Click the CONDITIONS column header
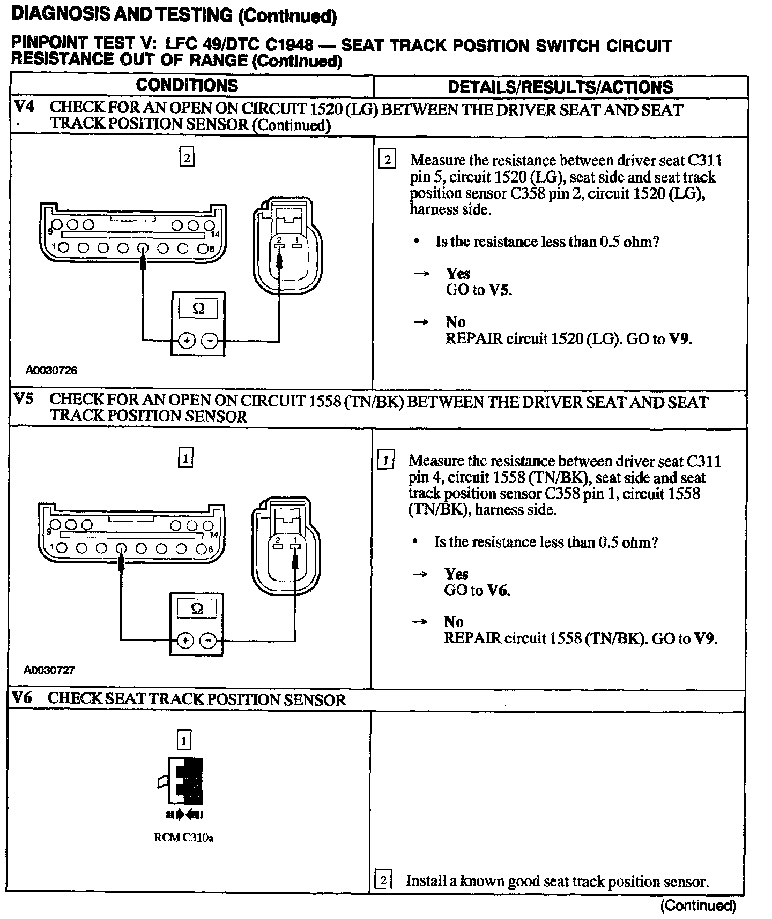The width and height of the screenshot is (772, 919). (x=187, y=85)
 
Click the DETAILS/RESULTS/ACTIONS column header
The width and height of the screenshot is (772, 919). (x=560, y=87)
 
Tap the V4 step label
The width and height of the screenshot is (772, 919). (x=24, y=106)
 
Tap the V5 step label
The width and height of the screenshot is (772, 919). (x=24, y=399)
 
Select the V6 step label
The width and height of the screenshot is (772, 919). (x=22, y=697)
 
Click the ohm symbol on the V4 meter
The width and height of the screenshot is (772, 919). (x=198, y=309)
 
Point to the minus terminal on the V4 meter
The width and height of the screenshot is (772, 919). (x=210, y=341)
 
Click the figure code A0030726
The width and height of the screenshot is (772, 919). (x=51, y=370)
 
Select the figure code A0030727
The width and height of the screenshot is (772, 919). (x=49, y=670)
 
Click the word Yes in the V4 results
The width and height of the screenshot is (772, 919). (x=458, y=273)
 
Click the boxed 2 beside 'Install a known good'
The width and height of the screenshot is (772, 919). (x=383, y=881)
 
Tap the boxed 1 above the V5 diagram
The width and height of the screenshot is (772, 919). (x=185, y=458)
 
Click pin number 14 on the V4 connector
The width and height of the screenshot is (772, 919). (x=215, y=235)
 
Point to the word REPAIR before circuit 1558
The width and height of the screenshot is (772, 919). (x=472, y=638)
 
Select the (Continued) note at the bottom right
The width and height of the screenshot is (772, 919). (x=698, y=906)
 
